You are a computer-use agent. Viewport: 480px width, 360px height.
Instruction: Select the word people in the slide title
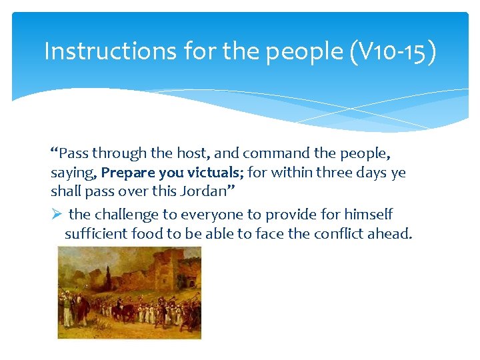[x=303, y=51]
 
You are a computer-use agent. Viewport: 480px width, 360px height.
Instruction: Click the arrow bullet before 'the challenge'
[x=57, y=215]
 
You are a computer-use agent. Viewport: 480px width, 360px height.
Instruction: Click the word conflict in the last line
[x=349, y=233]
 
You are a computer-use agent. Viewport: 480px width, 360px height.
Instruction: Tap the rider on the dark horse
[x=122, y=307]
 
